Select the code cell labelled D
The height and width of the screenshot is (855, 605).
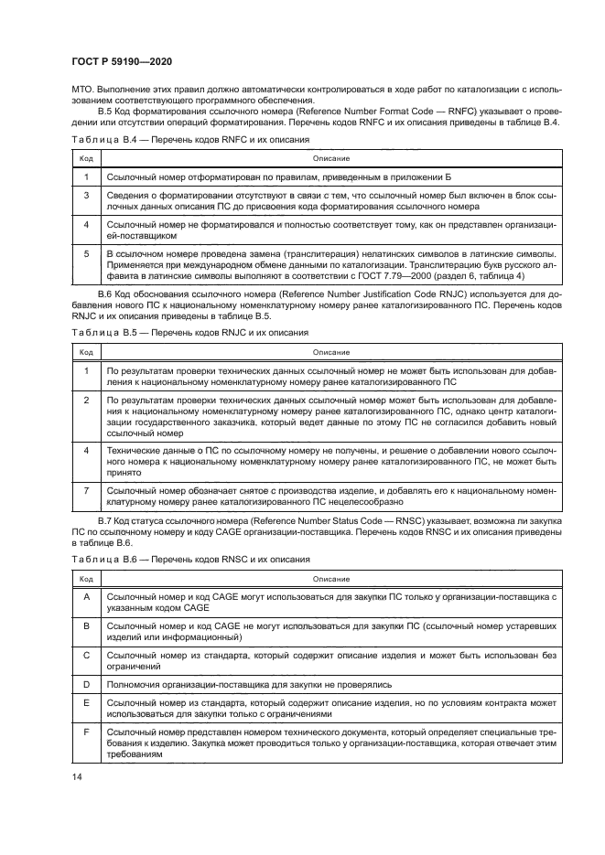pos(85,684)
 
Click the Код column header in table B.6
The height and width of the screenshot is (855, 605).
pos(85,578)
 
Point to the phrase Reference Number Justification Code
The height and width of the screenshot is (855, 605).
pos(301,292)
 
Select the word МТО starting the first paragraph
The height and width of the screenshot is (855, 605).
pos(82,90)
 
